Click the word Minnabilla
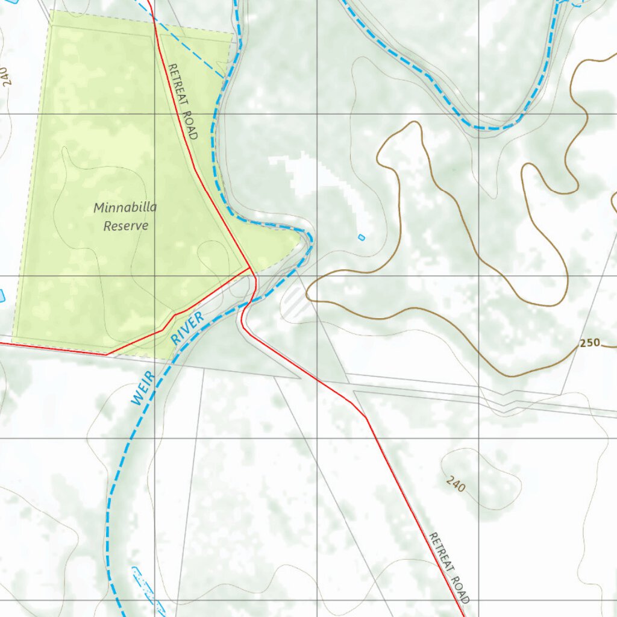(125, 208)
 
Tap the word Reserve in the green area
(125, 226)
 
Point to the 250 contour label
(590, 343)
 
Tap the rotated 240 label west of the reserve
(7, 77)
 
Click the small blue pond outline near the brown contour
(362, 237)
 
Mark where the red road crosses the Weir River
(248, 303)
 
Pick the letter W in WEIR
(137, 400)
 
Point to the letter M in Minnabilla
(99, 208)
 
